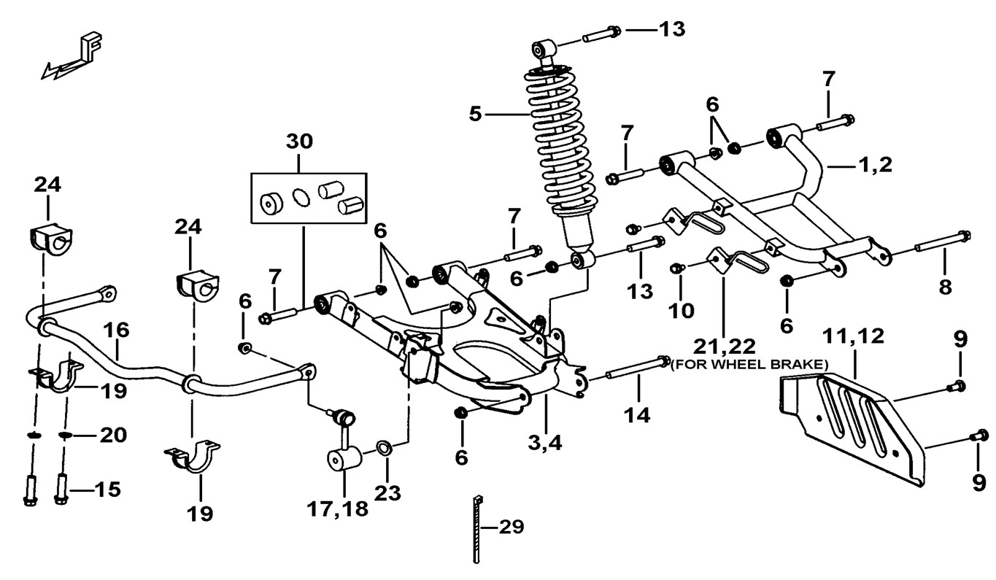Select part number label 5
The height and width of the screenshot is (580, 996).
tap(476, 115)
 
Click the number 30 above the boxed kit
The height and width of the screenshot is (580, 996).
tap(300, 142)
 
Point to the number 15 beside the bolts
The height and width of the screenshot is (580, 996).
tap(107, 489)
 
